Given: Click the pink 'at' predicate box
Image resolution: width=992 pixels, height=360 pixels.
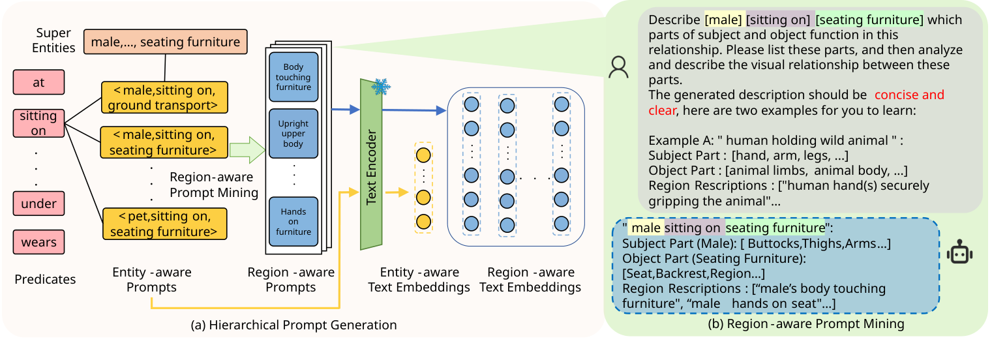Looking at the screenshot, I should click(38, 83).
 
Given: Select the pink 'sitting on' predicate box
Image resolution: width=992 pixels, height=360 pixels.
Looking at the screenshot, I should click(38, 123).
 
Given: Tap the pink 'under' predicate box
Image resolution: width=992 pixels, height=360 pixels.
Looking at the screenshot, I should click(38, 203).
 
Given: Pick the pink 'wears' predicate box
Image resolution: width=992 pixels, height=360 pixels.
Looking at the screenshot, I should click(38, 243).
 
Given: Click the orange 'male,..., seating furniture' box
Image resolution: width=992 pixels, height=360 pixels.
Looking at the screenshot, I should click(165, 42).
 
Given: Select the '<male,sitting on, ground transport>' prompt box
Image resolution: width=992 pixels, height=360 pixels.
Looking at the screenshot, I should click(164, 98).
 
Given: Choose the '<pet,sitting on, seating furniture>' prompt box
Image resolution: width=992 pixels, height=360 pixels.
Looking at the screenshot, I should click(164, 224).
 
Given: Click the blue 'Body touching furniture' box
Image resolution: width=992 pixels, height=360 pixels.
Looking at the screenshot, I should click(293, 76).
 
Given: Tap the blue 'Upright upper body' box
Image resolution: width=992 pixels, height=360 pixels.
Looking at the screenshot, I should click(293, 133).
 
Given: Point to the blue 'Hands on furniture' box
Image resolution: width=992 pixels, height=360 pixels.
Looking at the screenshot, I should click(293, 221).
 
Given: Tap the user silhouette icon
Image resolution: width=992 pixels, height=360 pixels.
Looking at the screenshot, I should click(618, 67).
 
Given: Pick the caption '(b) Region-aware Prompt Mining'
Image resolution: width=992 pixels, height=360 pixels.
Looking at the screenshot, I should click(798, 323).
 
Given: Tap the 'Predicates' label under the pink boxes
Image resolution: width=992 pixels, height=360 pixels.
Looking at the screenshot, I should click(45, 279).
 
